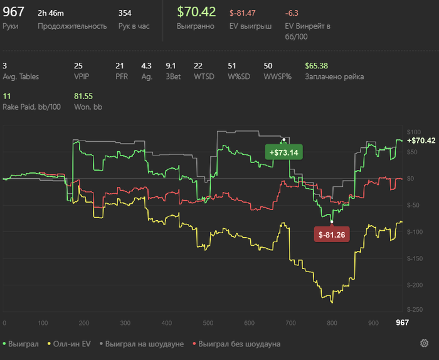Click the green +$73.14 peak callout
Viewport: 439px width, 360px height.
tap(284, 152)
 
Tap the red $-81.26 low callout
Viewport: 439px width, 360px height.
tap(332, 235)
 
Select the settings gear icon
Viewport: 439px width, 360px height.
tap(424, 343)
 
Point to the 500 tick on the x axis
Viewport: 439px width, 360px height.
tap(208, 323)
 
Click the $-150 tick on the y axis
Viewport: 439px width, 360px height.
tap(415, 258)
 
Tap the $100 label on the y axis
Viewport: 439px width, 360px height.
tap(414, 132)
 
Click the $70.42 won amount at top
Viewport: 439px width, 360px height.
tap(196, 12)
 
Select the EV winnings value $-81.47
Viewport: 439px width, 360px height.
tap(243, 13)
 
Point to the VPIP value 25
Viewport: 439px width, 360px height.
tap(78, 66)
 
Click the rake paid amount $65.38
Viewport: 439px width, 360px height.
tap(316, 66)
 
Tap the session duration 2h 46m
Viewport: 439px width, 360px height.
tap(51, 13)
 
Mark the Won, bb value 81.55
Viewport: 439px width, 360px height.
tap(83, 97)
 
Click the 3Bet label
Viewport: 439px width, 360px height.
tap(173, 77)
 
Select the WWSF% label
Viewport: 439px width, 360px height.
tap(277, 77)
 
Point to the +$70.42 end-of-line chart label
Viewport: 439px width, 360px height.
tap(421, 140)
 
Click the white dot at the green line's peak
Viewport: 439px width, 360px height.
tap(284, 139)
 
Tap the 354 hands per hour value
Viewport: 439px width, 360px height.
tap(125, 13)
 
